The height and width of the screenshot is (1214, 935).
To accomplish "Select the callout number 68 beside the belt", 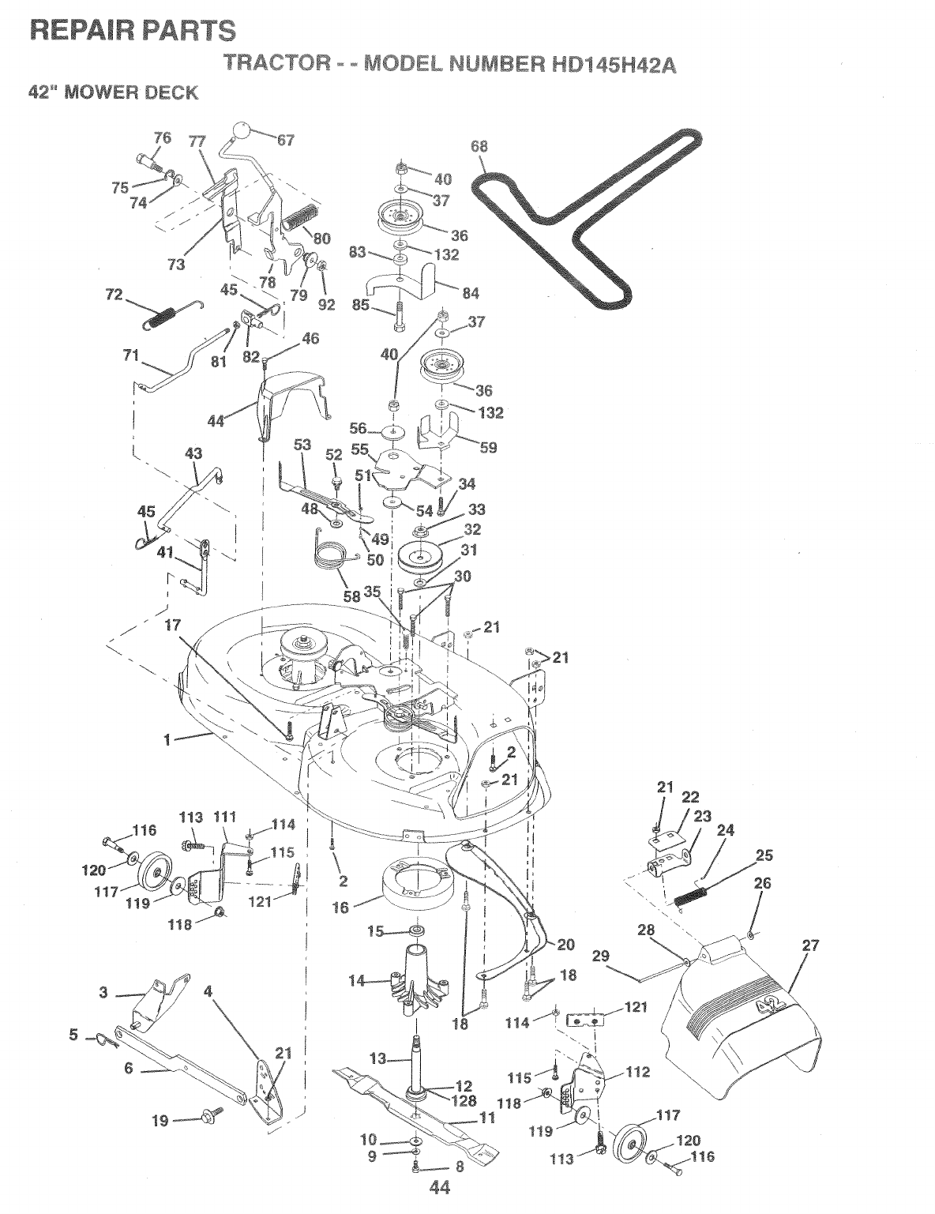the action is click(x=479, y=146).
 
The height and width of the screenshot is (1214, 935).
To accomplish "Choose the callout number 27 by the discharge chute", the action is click(x=810, y=945).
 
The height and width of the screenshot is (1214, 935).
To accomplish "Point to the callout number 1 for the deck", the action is click(x=167, y=740).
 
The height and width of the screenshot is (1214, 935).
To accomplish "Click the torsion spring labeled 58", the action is click(x=334, y=552).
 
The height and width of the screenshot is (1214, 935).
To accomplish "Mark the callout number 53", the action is click(x=302, y=445).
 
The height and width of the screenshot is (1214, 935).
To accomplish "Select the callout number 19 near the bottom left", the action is click(x=160, y=1121).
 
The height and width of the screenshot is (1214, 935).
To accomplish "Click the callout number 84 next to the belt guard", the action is click(x=471, y=293).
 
